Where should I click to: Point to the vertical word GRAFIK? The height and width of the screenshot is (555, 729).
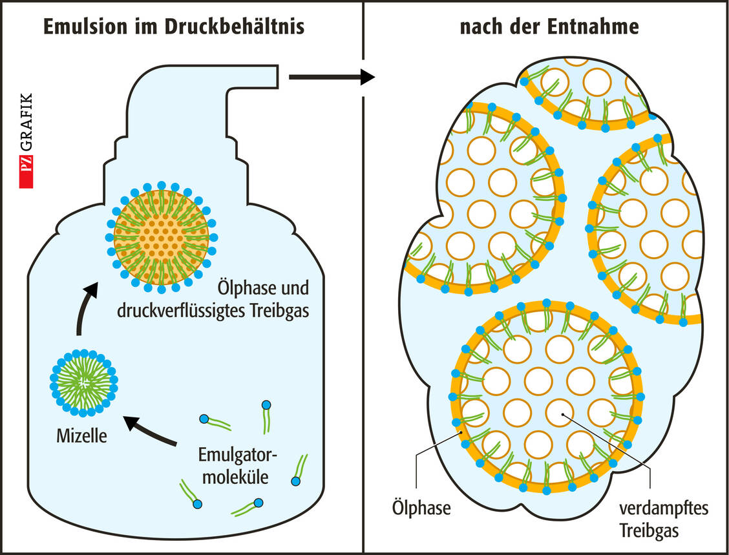click(26, 129)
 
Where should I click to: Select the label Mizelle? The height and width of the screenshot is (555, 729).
click(81, 437)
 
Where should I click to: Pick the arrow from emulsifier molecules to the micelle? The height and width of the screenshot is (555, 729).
click(151, 432)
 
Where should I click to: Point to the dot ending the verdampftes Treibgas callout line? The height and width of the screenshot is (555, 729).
click(563, 414)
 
